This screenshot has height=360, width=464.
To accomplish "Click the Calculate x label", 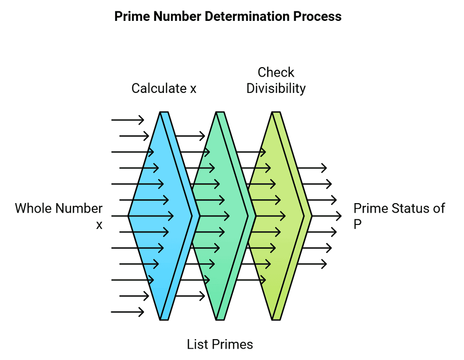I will point(164,88).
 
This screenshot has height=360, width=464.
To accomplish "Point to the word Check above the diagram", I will point(275,73).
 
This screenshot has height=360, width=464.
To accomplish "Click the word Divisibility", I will point(275,88).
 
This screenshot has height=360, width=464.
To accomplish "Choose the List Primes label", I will point(220,344).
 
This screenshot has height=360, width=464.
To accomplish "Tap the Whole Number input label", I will point(59,209).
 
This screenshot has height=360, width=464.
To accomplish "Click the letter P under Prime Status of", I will point(358,224).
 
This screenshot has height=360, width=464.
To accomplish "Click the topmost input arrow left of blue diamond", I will point(128,120).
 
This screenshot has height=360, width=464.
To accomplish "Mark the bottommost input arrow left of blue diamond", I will point(128,312).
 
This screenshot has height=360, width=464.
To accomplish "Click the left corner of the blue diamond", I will point(129,216).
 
